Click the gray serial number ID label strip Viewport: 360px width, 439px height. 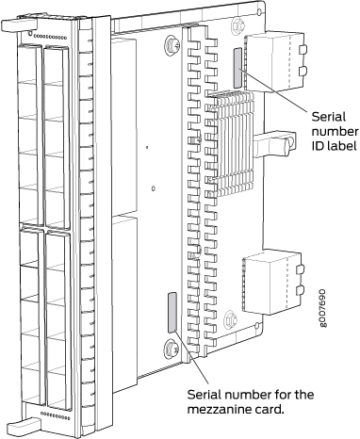point(237,68)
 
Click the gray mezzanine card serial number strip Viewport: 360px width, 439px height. point(172,313)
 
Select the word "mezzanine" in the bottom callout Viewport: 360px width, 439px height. point(217,409)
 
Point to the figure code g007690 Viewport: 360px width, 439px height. point(323,308)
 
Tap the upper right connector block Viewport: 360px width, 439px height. point(274,61)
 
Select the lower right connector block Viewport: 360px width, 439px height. point(273,282)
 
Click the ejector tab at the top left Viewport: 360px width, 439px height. point(18,25)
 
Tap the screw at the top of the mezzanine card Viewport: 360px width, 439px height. point(172,44)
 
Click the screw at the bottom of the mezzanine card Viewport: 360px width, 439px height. point(171,349)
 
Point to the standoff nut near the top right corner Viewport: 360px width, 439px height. point(237,25)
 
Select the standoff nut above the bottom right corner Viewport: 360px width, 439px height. point(230,320)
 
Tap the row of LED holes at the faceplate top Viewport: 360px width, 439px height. point(50,38)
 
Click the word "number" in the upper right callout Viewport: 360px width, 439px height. point(335,131)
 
